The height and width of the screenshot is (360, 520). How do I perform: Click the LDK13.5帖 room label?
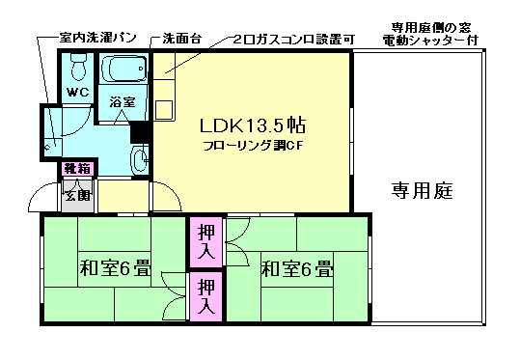pyautogui.click(x=253, y=125)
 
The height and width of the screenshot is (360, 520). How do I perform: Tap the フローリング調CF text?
pyautogui.click(x=253, y=147)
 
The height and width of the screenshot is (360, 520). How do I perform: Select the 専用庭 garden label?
pyautogui.click(x=422, y=190)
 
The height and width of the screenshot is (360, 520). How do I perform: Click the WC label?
pyautogui.click(x=77, y=93)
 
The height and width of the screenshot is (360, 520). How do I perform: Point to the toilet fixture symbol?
pyautogui.click(x=78, y=67)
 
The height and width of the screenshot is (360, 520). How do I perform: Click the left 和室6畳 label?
pyautogui.click(x=115, y=268)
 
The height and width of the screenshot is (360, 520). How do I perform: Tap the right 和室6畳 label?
pyautogui.click(x=295, y=268)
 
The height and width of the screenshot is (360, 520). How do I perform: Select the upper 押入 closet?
pyautogui.click(x=206, y=242)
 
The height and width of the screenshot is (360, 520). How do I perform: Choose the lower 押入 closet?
pyautogui.click(x=206, y=296)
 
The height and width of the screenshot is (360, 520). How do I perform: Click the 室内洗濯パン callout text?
pyautogui.click(x=96, y=39)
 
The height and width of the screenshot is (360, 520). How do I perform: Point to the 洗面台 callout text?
pyautogui.click(x=182, y=39)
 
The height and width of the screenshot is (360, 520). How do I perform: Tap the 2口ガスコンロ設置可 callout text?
pyautogui.click(x=294, y=39)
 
